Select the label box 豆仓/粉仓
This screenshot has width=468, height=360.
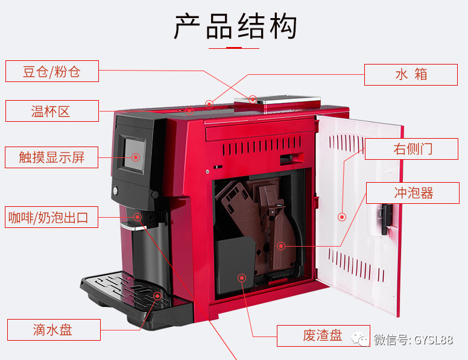click(52, 72)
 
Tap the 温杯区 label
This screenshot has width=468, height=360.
click(52, 111)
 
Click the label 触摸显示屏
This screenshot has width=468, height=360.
click(52, 157)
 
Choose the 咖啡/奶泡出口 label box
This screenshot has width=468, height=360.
click(52, 217)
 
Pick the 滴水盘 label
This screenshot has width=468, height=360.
click(52, 329)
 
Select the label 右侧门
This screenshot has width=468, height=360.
click(413, 149)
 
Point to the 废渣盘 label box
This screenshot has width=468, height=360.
click(323, 335)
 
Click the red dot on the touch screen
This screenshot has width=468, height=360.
click(136, 157)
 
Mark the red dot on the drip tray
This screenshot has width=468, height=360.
click(157, 296)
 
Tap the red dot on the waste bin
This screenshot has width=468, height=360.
click(242, 278)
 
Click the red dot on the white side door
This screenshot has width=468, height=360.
click(341, 216)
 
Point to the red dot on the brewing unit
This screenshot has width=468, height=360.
click(280, 245)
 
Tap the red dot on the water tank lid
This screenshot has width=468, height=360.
click(253, 98)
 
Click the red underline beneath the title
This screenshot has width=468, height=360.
click(233, 47)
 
